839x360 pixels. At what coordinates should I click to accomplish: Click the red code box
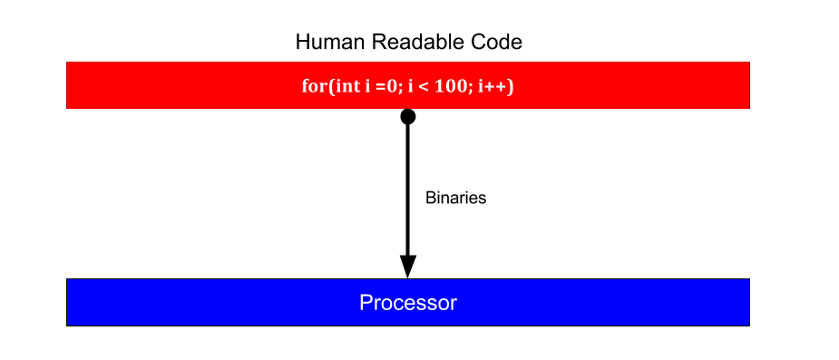tap(408, 85)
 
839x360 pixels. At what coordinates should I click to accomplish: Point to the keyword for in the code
tap(313, 85)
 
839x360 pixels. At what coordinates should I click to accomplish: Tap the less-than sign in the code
tap(423, 87)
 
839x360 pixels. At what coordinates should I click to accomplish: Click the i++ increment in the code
tap(490, 86)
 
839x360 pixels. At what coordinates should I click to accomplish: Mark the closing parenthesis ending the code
tap(510, 86)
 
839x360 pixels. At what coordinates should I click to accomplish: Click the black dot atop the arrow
tap(408, 117)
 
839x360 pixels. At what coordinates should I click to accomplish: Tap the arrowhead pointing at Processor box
tap(408, 267)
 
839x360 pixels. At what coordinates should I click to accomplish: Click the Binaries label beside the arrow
tap(456, 198)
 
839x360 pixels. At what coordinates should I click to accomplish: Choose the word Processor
tap(408, 303)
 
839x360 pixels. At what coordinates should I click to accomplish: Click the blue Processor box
tap(408, 302)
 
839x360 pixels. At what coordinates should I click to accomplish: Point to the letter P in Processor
tap(366, 302)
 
